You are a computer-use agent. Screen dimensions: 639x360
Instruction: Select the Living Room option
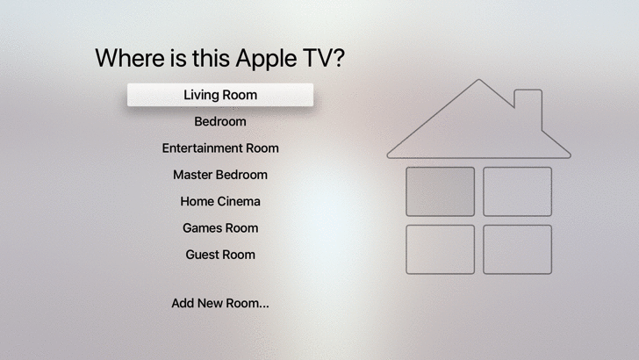(x=220, y=95)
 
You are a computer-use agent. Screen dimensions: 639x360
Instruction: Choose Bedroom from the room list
(x=220, y=121)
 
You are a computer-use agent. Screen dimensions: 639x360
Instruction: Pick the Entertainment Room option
(x=220, y=148)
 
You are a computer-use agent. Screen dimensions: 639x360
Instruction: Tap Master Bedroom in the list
(x=220, y=175)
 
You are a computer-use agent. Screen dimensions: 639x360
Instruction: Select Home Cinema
(x=220, y=201)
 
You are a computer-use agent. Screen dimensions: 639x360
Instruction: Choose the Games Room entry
(x=220, y=228)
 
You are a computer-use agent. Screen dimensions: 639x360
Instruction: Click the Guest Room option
(x=220, y=255)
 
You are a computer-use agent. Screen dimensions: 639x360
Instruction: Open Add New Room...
(x=220, y=303)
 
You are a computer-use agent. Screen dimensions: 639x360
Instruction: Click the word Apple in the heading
(x=266, y=59)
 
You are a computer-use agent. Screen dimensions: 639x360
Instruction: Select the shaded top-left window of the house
(x=440, y=191)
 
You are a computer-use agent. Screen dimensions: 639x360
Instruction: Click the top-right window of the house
(x=518, y=191)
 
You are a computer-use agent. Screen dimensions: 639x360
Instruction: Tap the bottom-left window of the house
(x=440, y=249)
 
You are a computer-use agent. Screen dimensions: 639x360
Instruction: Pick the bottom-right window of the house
(x=518, y=249)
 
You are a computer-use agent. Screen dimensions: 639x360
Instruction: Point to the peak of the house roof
(x=479, y=80)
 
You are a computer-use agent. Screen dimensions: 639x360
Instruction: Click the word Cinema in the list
(x=239, y=201)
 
